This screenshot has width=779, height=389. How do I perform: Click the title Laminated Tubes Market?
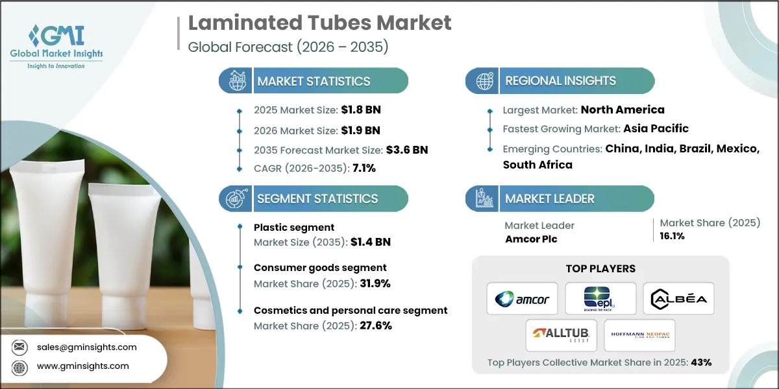click(319, 23)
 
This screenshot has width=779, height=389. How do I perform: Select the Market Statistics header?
click(314, 81)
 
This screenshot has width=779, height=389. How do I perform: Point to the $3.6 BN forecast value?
click(407, 150)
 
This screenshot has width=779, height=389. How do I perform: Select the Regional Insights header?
click(560, 81)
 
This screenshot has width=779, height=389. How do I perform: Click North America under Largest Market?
click(623, 110)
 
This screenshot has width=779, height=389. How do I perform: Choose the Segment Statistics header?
click(317, 198)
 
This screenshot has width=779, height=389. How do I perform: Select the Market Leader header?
click(549, 198)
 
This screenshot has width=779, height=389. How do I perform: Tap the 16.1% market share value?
click(673, 236)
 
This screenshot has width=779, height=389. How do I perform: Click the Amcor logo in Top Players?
click(522, 298)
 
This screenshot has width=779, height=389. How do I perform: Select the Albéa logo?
click(678, 298)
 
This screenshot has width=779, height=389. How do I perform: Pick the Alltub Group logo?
click(562, 335)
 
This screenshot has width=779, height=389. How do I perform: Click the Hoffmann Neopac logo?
click(639, 335)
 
